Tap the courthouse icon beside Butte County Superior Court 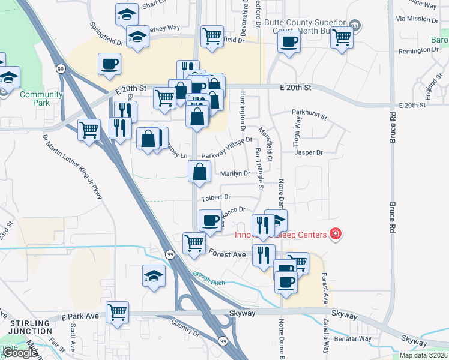tap(355, 25)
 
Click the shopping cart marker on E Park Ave tap(118, 312)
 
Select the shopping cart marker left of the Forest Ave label tap(194, 244)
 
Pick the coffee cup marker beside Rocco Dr tap(209, 220)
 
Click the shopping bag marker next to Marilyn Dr tap(199, 172)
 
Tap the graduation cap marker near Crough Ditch tap(154, 276)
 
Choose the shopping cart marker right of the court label tap(342, 37)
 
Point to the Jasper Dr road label tap(309, 152)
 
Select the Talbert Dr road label tap(216, 197)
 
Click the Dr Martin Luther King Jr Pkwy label tap(71, 167)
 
